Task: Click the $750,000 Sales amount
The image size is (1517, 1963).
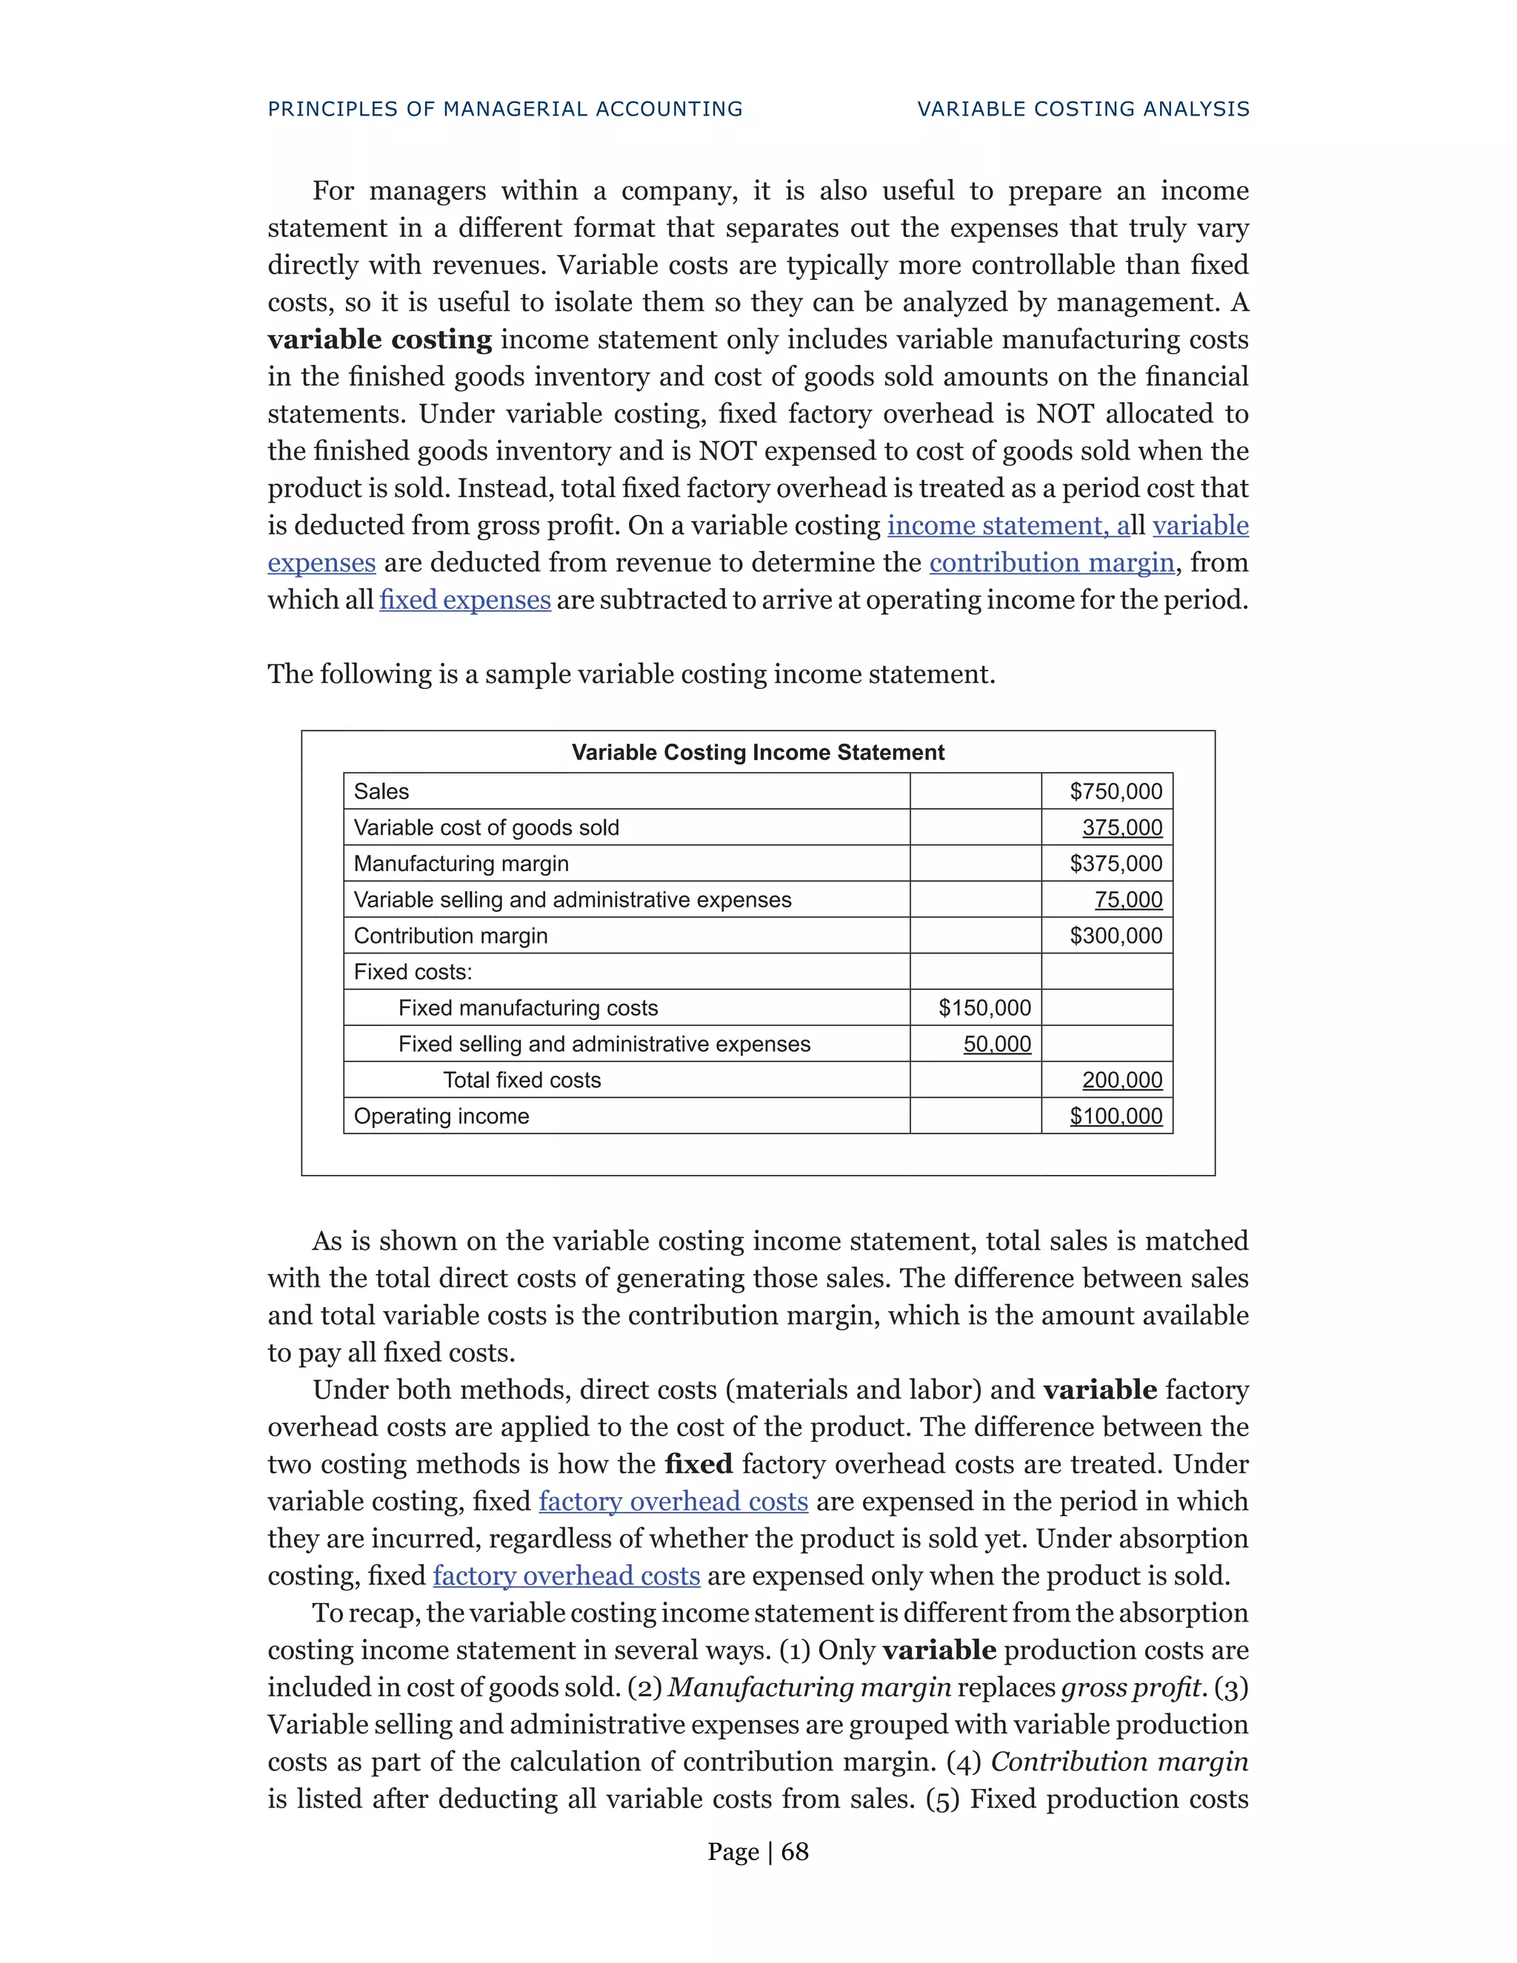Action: point(1116,792)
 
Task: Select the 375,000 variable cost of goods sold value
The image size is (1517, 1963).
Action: point(1121,828)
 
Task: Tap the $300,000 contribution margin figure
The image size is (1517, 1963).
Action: point(1116,936)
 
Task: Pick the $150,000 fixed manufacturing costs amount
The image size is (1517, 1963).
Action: point(984,1007)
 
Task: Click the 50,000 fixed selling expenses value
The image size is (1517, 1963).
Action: point(997,1044)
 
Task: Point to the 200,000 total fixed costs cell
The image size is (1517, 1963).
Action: point(1121,1080)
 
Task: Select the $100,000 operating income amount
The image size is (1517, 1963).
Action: point(1116,1116)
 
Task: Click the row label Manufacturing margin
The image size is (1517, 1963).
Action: point(461,864)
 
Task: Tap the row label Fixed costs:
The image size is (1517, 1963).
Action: point(413,972)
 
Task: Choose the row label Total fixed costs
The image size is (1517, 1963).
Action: point(521,1080)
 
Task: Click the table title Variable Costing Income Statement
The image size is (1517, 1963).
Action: point(758,753)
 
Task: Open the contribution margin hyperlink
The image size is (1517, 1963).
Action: point(1052,563)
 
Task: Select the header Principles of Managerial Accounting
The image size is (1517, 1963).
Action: point(505,109)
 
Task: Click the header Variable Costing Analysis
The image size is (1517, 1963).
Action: point(1083,109)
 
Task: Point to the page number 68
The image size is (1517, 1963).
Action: point(795,1852)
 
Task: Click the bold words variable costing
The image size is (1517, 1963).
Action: point(379,340)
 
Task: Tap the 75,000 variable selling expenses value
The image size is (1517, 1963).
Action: point(1128,900)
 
